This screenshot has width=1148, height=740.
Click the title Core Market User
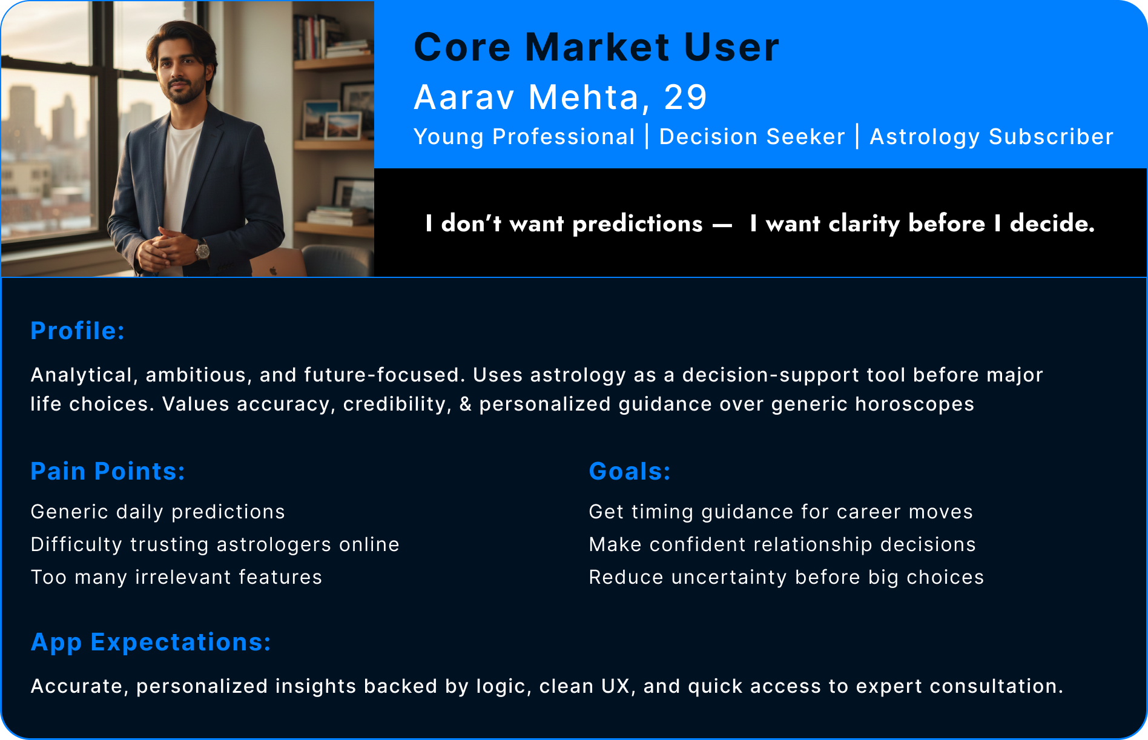tap(596, 47)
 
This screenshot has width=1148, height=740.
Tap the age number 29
tap(685, 97)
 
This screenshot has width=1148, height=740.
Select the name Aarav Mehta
tap(527, 97)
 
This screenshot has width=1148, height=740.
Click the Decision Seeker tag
tap(751, 137)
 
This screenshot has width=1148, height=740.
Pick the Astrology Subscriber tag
tap(991, 137)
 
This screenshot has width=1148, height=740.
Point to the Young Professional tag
tap(524, 137)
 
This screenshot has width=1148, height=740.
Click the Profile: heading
tap(78, 331)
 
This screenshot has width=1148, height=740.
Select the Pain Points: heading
tap(108, 471)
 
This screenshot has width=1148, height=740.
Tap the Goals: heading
tap(630, 471)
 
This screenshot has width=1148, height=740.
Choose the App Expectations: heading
tap(151, 642)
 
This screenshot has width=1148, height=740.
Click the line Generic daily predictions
tap(157, 512)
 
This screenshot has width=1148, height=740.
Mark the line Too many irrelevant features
tap(176, 577)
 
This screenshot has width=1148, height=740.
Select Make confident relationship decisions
tap(782, 544)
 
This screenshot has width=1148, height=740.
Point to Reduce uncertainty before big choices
tap(786, 577)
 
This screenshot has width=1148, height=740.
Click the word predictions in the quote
tap(637, 224)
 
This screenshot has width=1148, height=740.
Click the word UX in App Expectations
tap(617, 686)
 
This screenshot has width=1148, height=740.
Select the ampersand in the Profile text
tap(466, 404)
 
